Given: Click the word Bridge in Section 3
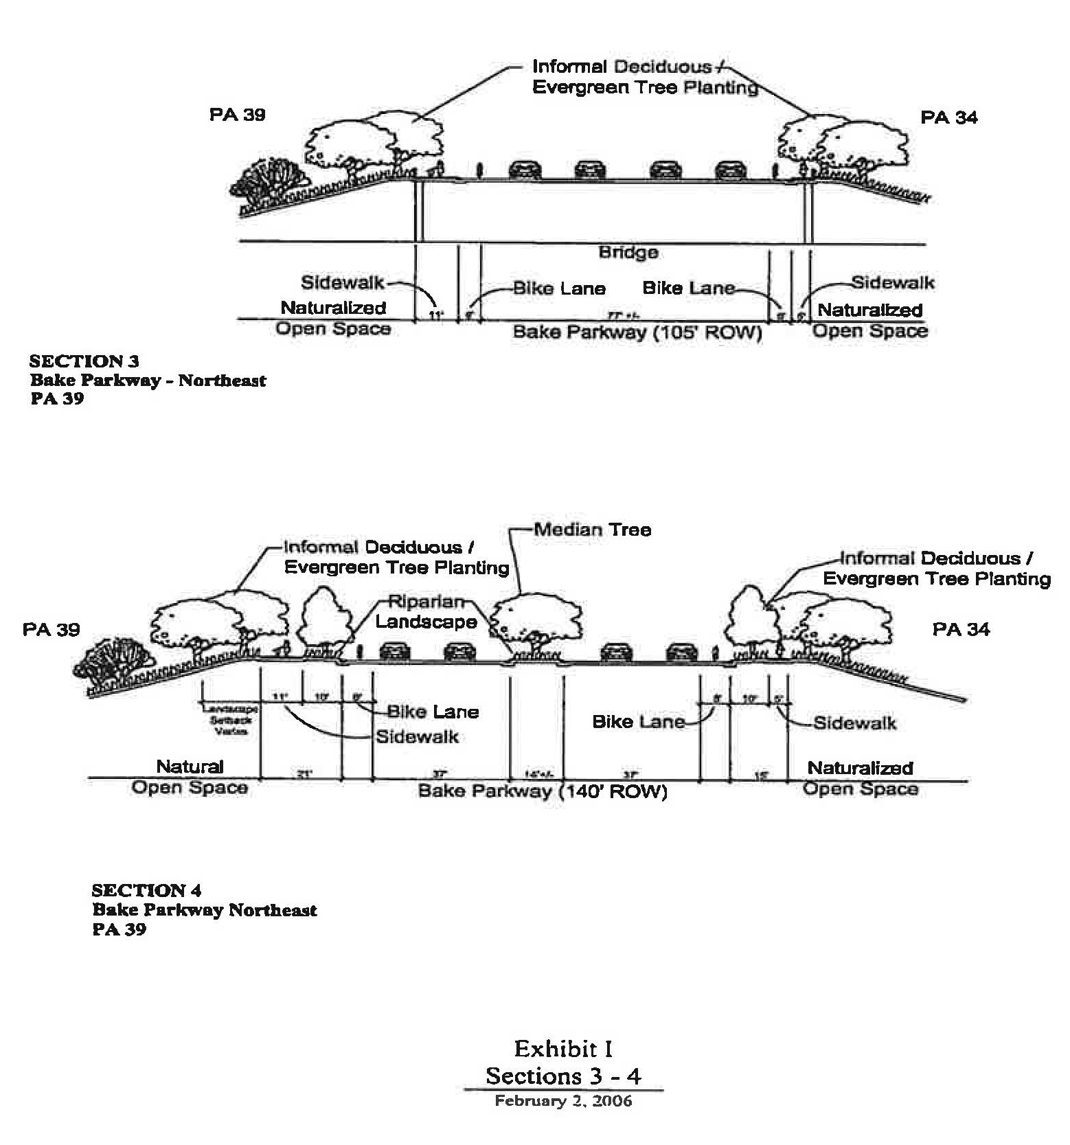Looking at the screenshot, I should tap(628, 252).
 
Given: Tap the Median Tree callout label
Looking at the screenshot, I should tap(592, 530).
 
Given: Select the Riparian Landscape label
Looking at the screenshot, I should tap(426, 612).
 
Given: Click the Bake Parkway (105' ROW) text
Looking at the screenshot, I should tap(637, 332).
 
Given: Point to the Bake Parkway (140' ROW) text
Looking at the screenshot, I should tap(543, 791).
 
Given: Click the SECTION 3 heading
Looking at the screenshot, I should tap(84, 361).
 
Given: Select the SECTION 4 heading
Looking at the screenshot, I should tap(146, 890).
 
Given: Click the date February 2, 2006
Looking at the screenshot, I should tap(563, 1101).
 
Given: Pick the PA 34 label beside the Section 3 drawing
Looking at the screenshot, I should tap(948, 117).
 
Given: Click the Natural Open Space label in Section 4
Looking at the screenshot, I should tap(190, 777).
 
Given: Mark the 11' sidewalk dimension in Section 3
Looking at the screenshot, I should tap(435, 315).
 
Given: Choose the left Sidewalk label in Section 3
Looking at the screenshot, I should tap(342, 283).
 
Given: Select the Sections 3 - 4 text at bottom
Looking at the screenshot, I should tap(563, 1076).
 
